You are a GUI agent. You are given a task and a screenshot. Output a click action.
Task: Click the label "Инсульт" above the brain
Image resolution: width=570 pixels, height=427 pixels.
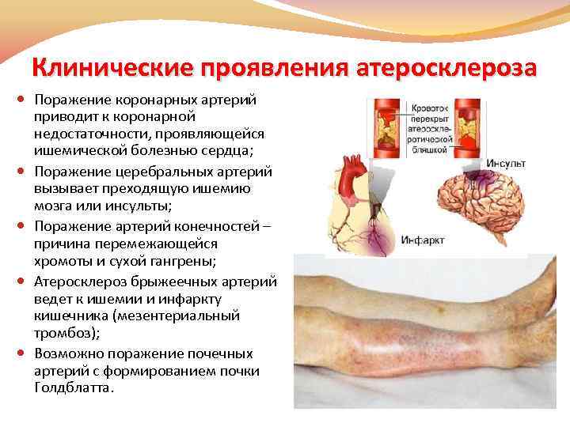[507, 164]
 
